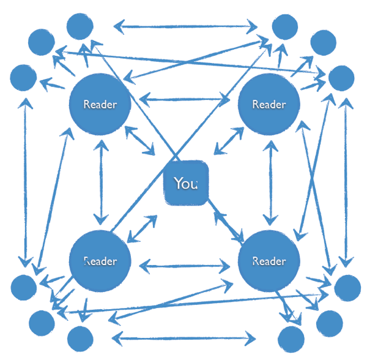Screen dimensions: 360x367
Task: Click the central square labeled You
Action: [x=186, y=183]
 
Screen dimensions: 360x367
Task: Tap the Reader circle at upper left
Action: [x=100, y=104]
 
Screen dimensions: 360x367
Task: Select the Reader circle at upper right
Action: [x=269, y=104]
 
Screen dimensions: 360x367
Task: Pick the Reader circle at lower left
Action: [x=100, y=261]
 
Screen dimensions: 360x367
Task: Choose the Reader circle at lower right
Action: [x=269, y=261]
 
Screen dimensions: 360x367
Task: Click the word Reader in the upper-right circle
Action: [x=269, y=104]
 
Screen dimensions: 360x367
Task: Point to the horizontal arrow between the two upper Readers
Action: [x=184, y=99]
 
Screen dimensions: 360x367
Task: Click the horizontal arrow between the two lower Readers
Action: [x=184, y=266]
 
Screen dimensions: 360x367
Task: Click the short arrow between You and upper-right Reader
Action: [x=228, y=141]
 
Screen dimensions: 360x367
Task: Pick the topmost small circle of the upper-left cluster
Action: [x=79, y=26]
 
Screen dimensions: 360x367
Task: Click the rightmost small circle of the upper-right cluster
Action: [x=341, y=78]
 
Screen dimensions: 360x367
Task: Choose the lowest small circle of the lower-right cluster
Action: [x=291, y=339]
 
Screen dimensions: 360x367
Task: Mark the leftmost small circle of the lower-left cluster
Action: [x=24, y=287]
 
